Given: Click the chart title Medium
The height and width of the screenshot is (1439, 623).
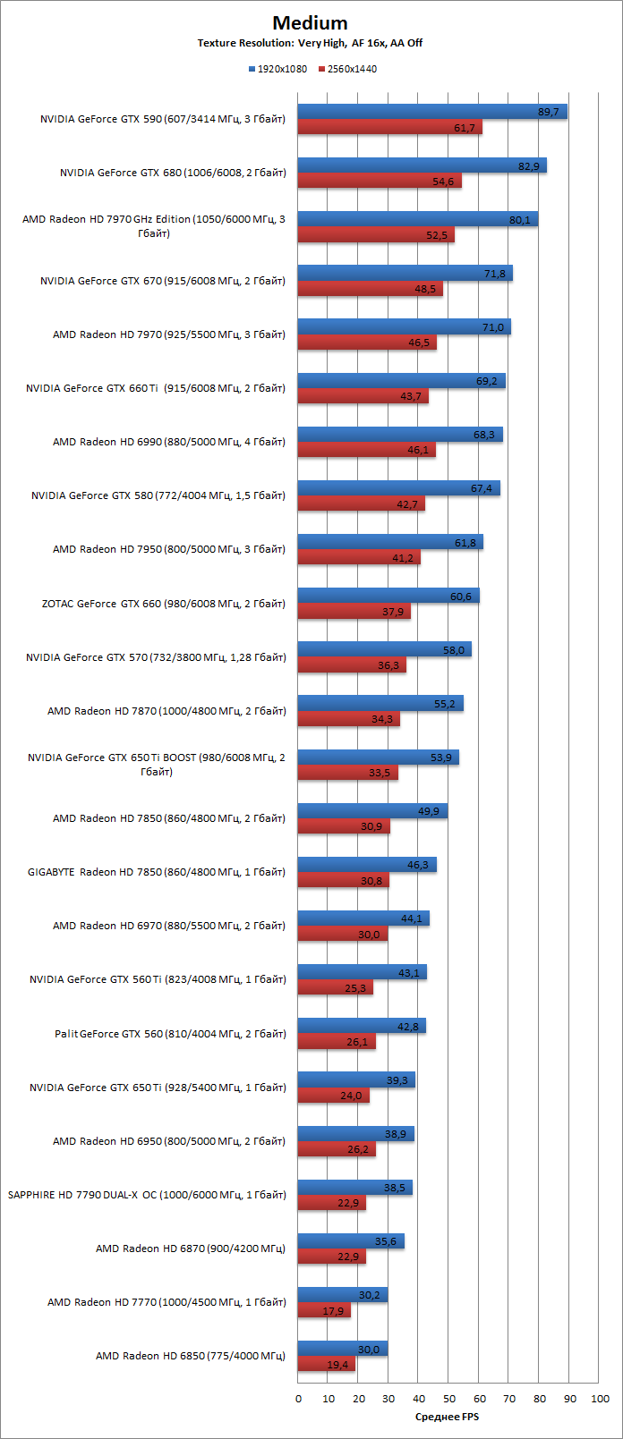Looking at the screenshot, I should click(x=310, y=23).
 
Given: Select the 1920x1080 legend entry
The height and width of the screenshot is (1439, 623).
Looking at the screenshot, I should click(x=277, y=69).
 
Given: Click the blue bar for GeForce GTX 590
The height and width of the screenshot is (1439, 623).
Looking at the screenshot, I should click(x=432, y=112).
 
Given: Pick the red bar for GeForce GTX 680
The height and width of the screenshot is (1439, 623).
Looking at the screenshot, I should click(x=380, y=182).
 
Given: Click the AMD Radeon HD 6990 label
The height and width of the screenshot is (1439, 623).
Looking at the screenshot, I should click(x=168, y=442).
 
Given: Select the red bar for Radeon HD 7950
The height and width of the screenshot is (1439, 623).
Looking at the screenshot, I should click(x=359, y=558).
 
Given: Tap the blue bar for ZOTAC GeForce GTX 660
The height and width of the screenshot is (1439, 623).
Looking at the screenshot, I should click(x=388, y=596).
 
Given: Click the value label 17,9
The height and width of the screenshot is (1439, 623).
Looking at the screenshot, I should click(x=332, y=1311).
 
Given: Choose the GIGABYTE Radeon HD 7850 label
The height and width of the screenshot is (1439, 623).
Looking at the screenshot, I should click(x=157, y=872).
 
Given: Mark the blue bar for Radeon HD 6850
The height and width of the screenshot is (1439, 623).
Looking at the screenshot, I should click(x=343, y=1349).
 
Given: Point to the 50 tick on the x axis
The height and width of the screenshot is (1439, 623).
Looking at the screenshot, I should click(x=449, y=1399).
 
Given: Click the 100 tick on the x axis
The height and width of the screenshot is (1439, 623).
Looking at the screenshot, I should click(x=601, y=1399).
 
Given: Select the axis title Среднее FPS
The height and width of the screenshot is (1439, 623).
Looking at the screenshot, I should click(x=447, y=1416).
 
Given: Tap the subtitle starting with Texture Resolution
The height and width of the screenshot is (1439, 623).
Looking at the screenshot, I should click(x=310, y=43).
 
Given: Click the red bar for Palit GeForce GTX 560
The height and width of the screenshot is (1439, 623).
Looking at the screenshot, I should click(x=337, y=1042).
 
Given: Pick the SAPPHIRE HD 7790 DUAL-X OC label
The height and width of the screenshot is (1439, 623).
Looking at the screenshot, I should click(x=147, y=1195).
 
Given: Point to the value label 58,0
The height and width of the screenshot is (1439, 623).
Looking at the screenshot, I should click(x=454, y=651).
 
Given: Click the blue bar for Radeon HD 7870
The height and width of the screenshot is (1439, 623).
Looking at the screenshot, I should click(x=380, y=704).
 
